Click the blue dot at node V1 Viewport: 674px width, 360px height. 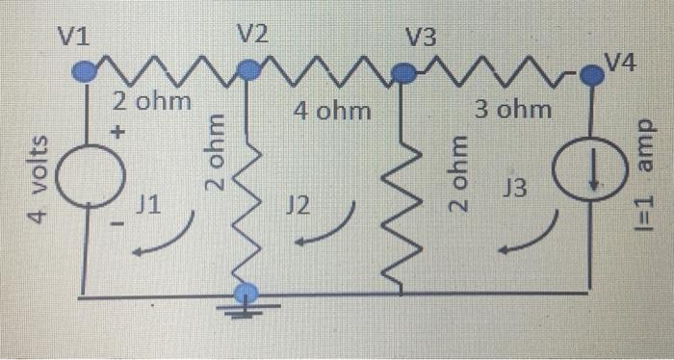[85, 68]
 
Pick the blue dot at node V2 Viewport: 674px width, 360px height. [248, 68]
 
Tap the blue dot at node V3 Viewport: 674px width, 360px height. [405, 70]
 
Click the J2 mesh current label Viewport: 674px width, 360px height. [300, 205]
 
